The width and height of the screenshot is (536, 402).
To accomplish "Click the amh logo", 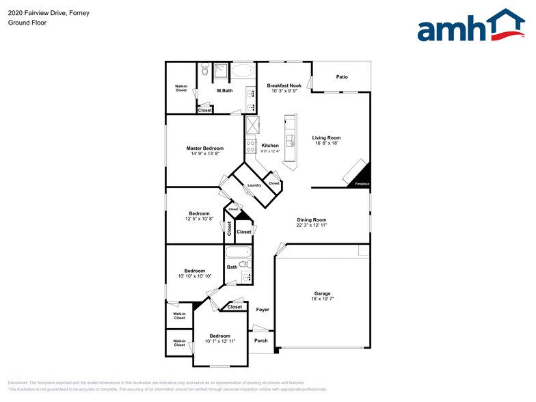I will coord(472,27).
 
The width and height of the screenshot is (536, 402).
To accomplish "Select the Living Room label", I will coord(327,137).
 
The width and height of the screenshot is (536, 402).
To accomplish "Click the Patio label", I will coord(342,77).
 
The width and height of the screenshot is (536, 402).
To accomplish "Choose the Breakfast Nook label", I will coord(284,85).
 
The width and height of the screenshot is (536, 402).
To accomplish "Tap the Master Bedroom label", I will coord(205,148).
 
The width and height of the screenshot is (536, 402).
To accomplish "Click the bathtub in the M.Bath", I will coord(241,70).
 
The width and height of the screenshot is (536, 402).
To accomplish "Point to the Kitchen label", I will coord(270,146).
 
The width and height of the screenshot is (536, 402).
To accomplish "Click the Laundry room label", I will coord(254,186).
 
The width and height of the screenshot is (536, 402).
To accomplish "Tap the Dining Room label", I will coord(312,219).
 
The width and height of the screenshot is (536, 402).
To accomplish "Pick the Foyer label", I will coord(263,310).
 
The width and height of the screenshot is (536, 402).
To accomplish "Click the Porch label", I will coord(260,340).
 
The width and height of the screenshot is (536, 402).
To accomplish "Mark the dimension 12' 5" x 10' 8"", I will coord(200,219).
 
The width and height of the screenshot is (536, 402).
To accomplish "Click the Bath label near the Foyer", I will coord(232,267).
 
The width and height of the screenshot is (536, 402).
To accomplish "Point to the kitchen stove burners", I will coord(251,146).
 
